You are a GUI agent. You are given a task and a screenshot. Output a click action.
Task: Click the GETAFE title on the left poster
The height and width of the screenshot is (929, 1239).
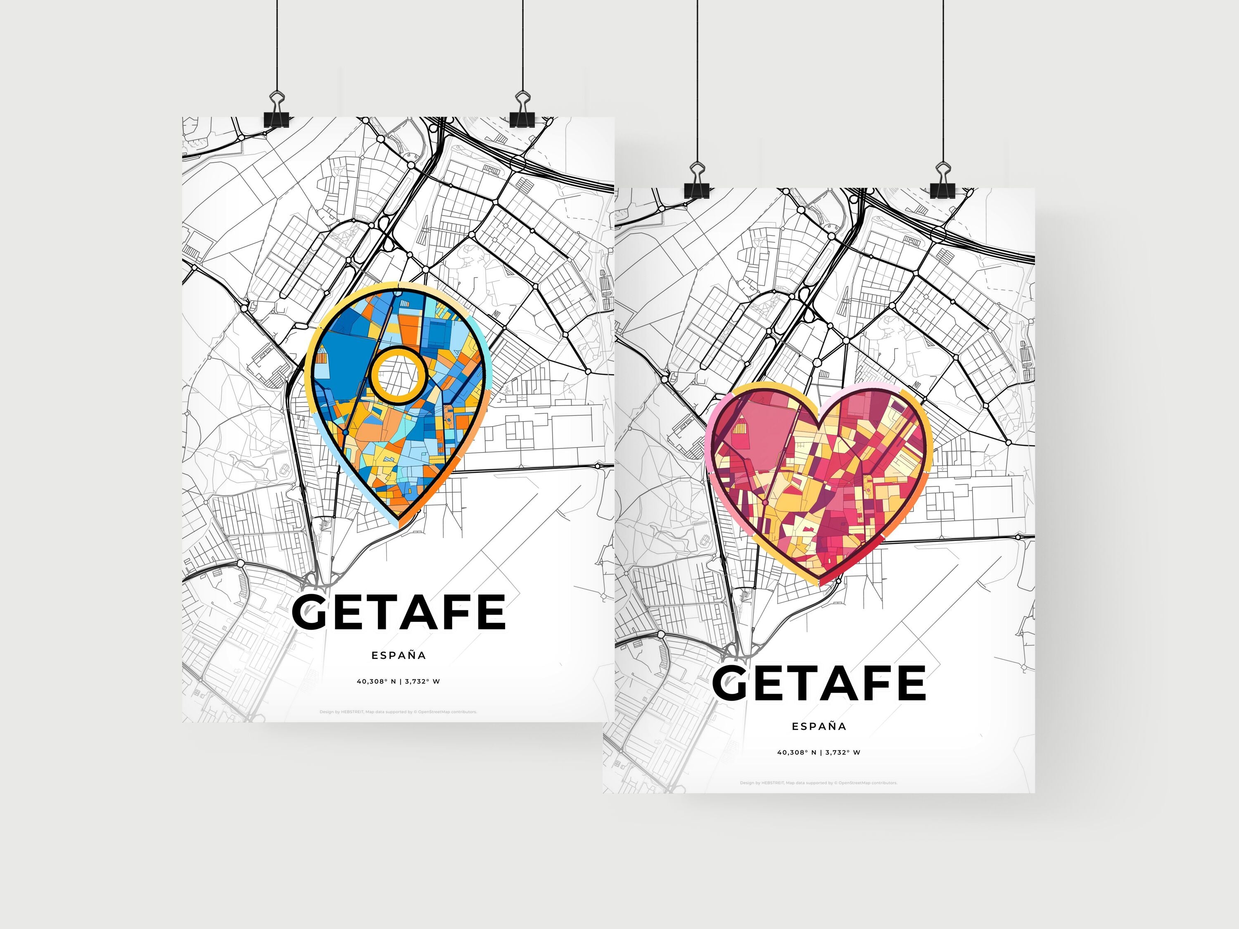point(399,612)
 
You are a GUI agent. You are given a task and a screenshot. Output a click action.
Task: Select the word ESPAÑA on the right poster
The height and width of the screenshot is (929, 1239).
point(819,726)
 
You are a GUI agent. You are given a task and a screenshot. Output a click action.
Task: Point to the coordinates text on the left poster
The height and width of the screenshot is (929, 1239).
point(398,682)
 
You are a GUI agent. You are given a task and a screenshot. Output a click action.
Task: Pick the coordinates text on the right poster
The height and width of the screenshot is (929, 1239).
point(818,753)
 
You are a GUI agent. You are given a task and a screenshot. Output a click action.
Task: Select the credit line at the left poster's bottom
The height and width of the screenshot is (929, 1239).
point(398,712)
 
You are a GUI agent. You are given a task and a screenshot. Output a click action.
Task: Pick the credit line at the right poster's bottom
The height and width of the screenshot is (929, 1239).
point(818,783)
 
